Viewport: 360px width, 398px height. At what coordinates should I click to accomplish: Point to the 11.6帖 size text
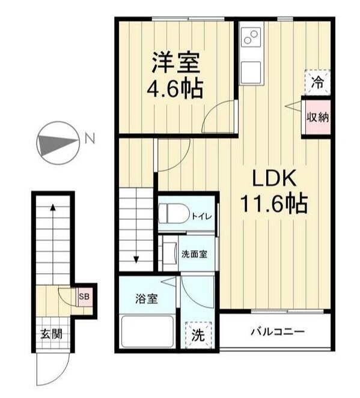(275, 205)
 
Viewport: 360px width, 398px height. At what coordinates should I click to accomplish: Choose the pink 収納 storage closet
(317, 118)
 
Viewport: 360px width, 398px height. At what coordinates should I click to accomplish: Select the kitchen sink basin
(250, 71)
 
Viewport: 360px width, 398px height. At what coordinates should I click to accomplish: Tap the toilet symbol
(172, 215)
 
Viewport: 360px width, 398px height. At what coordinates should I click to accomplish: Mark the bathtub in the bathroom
(147, 332)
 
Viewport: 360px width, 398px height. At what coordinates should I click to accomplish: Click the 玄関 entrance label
(50, 334)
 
